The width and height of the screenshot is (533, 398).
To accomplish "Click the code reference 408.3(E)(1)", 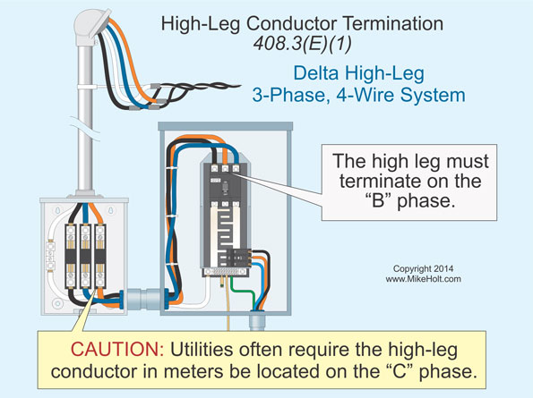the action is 303,44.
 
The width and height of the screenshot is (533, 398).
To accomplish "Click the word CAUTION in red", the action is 117,349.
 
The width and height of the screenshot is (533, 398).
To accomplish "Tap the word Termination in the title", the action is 392,24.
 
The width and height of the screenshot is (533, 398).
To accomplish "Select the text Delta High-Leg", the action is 359,73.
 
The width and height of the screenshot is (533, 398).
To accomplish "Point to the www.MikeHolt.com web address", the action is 423,279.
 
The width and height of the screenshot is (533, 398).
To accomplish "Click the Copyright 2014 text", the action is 423,268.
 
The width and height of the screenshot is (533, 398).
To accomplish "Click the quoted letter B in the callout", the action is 378,200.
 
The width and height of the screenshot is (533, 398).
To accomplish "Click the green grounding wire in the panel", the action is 244,292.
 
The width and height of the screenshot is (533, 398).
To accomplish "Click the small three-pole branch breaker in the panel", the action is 239,258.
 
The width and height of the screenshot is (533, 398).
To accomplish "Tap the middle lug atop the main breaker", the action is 225,168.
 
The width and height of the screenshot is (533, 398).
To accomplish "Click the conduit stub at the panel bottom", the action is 256,321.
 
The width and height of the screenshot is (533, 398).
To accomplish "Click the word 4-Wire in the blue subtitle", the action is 365,95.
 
